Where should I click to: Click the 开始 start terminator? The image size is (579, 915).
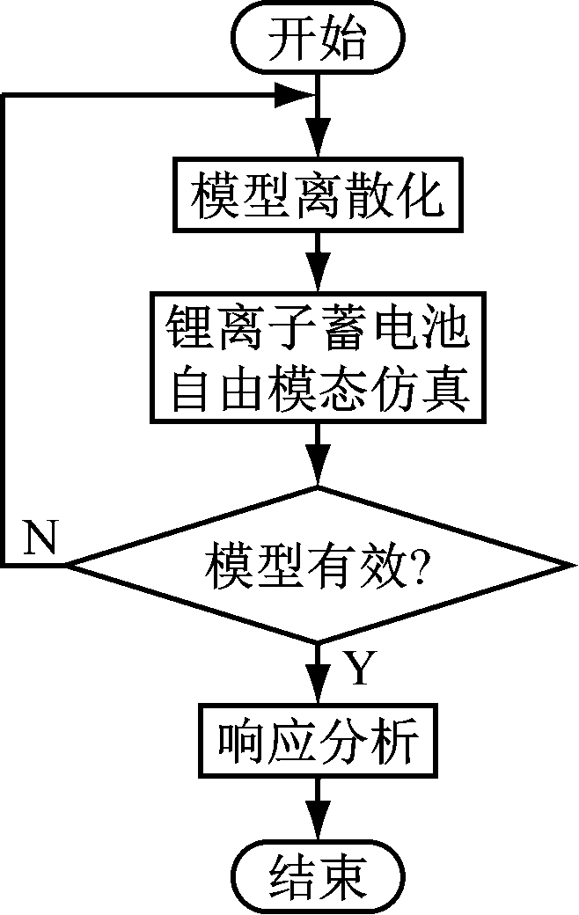click(317, 37)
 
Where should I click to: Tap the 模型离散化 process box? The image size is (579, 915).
click(317, 194)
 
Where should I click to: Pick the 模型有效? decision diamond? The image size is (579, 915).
click(317, 564)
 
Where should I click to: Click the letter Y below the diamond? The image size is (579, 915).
click(358, 670)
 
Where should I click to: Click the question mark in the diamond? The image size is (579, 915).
click(417, 564)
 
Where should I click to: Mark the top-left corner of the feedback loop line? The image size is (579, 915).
click(4, 94)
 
